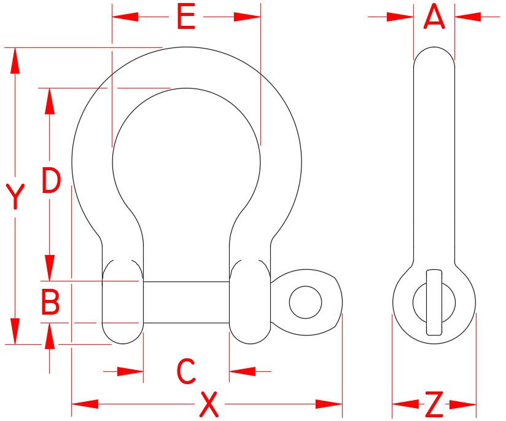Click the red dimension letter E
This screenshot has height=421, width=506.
click(x=186, y=17)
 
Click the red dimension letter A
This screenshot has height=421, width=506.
click(x=434, y=16)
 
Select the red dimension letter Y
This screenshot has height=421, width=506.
click(x=15, y=197)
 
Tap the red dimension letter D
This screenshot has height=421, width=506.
click(x=52, y=180)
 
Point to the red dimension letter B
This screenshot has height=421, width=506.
click(x=50, y=302)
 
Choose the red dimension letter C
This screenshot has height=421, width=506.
click(x=186, y=371)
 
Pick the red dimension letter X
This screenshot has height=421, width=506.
click(x=209, y=404)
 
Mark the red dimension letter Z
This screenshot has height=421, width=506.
click(x=434, y=404)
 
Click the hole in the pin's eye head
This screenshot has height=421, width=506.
click(x=305, y=302)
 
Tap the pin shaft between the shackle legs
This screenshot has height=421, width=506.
click(x=186, y=302)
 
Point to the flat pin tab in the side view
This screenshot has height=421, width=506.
click(x=434, y=302)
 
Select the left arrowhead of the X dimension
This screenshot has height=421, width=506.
click(x=85, y=404)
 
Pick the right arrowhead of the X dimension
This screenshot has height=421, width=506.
click(x=329, y=404)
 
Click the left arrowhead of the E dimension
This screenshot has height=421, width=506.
click(x=125, y=17)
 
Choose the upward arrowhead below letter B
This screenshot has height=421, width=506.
click(x=50, y=336)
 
